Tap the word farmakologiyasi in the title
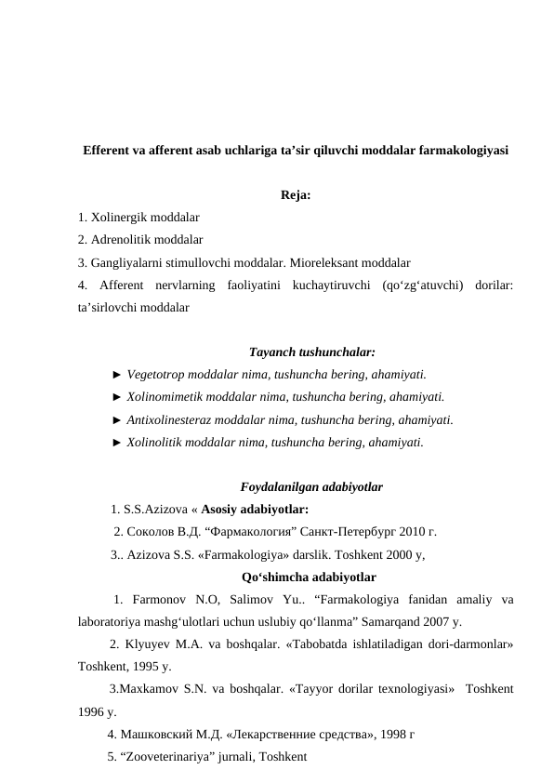(x=455, y=149)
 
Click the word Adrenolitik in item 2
(x=122, y=240)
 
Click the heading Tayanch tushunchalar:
(x=312, y=352)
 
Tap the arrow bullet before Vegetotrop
(x=116, y=375)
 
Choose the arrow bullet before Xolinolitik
(x=116, y=442)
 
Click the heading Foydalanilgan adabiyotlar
(x=312, y=486)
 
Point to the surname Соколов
(x=151, y=532)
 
